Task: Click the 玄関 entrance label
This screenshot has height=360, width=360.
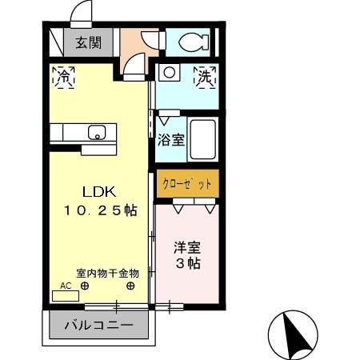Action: click(89, 43)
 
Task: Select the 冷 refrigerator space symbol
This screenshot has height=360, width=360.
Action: click(64, 78)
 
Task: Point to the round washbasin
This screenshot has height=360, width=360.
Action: click(170, 74)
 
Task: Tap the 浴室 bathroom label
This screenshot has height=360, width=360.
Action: click(171, 140)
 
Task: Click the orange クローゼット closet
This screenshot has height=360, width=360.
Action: click(187, 183)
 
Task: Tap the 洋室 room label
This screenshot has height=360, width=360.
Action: click(188, 246)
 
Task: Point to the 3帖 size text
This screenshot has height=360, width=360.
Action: click(188, 263)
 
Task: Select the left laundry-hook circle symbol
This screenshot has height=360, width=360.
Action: click(85, 285)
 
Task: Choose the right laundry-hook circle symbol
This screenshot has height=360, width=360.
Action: click(130, 285)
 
